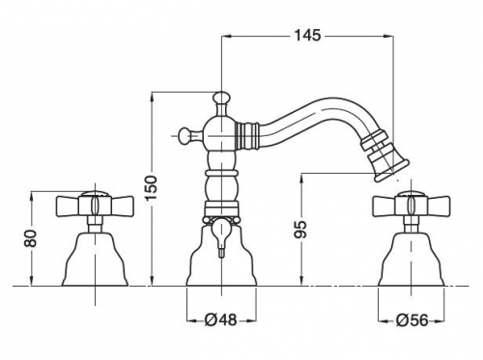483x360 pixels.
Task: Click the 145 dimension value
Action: (307, 36)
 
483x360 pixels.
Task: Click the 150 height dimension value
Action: (151, 188)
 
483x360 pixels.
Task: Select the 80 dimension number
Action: (31, 238)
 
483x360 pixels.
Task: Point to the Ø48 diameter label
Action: (221, 319)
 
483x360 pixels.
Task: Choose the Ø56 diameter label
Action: (412, 319)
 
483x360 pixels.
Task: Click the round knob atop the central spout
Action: (221, 97)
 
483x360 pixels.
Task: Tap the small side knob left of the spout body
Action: (185, 135)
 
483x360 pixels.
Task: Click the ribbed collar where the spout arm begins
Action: (247, 136)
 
